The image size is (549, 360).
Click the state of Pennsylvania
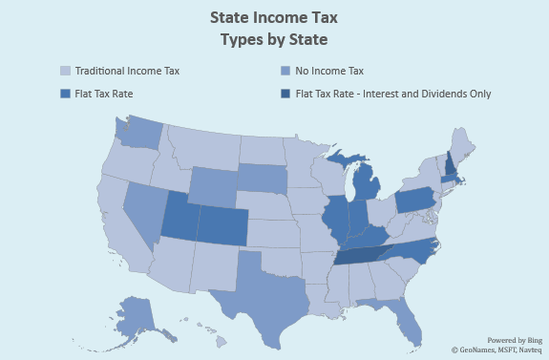point(419,201)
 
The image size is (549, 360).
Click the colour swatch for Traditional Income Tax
point(65,71)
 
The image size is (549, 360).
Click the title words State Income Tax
point(273,19)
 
